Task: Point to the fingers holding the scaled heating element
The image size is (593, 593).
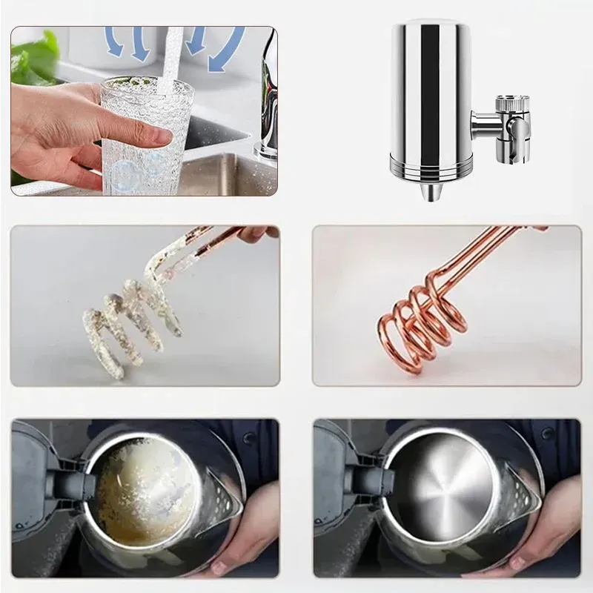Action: (x=256, y=233)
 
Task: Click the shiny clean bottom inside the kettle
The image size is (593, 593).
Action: (x=445, y=486)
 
